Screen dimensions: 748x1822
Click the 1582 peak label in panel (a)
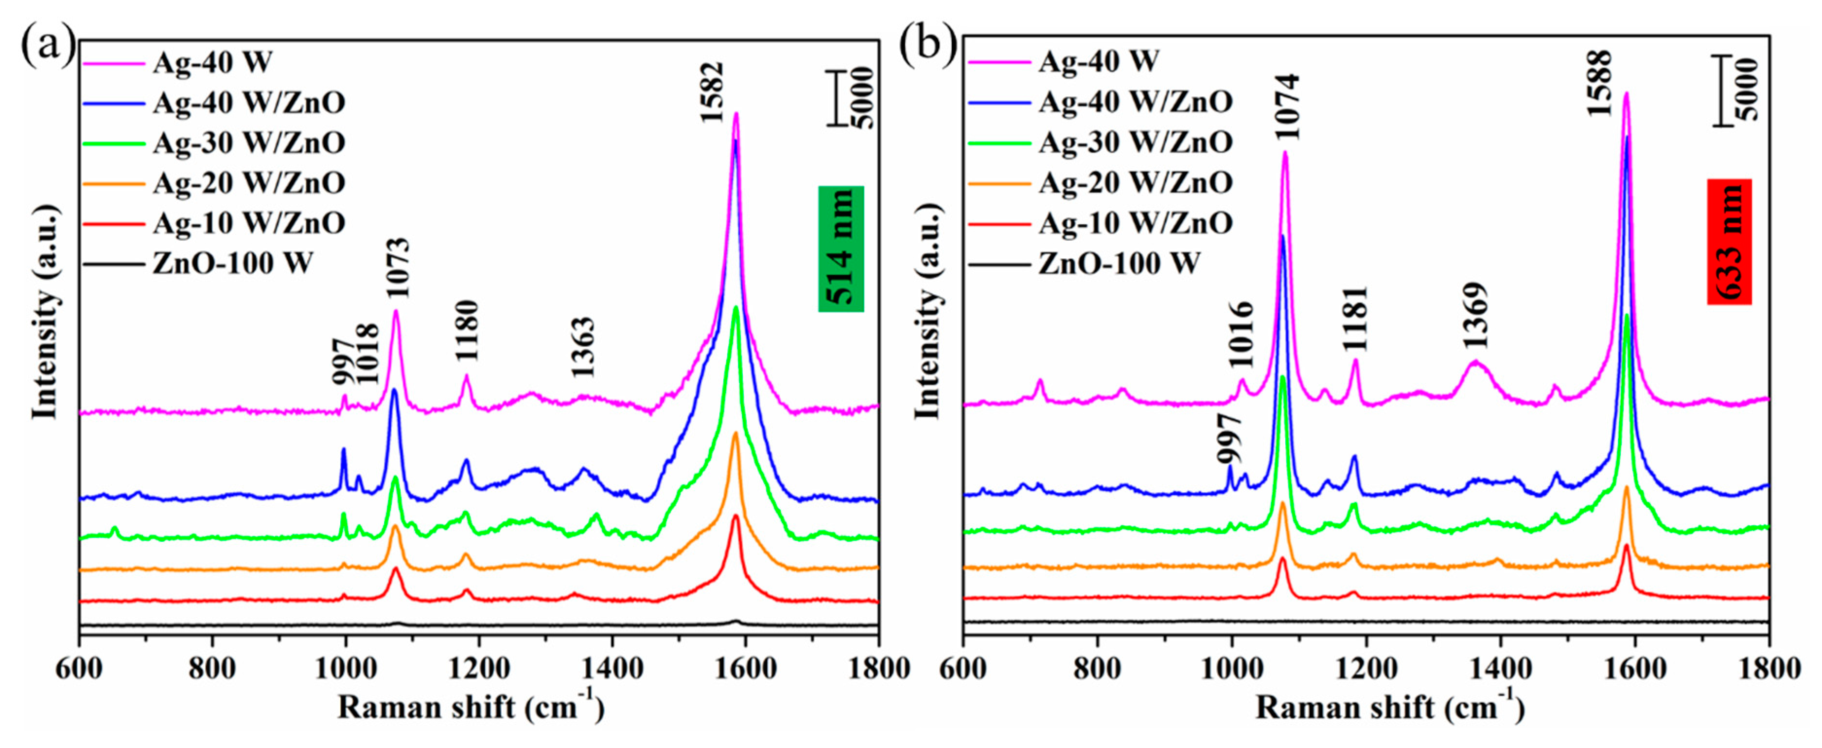712,92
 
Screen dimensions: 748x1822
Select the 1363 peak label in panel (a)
583,347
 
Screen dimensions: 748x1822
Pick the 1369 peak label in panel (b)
1475,316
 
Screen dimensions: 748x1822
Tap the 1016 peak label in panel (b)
1241,335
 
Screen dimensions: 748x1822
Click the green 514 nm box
841,249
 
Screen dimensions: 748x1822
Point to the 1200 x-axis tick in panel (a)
479,668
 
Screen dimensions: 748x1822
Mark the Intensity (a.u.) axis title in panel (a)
44,311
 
